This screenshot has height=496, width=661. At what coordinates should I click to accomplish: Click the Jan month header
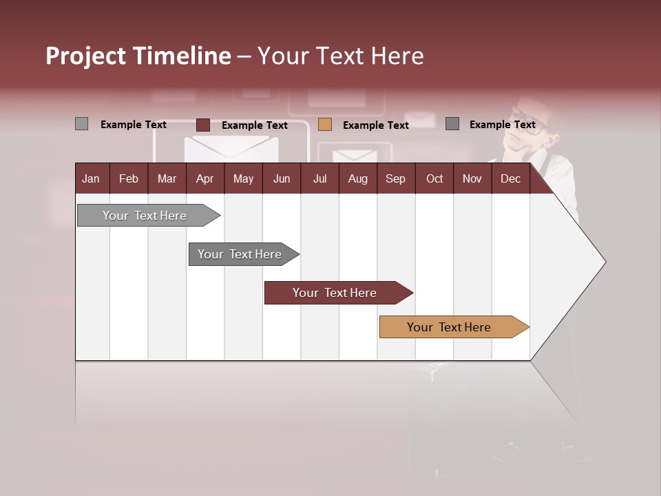pos(92,178)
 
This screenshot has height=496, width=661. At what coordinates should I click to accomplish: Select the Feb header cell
pos(129,178)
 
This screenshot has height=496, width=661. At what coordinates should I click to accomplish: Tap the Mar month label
pos(167,178)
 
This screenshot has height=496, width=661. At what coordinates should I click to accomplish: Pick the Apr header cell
pos(205,178)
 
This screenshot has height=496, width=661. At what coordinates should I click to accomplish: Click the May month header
pos(243,178)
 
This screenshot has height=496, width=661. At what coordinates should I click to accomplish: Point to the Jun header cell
pos(282,178)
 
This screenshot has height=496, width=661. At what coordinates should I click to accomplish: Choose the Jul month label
pos(319,178)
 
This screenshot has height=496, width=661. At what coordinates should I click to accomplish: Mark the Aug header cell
pos(358,178)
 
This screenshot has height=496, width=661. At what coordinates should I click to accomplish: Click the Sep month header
pos(396,178)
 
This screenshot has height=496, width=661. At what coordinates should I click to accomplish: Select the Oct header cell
pos(434,178)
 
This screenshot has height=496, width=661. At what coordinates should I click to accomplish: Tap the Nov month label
pos(472,178)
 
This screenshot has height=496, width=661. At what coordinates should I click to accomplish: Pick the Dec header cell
pos(511,178)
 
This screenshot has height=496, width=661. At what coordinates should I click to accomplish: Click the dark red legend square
pos(203,125)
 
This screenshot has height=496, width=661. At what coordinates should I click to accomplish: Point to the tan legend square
pos(325,125)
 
